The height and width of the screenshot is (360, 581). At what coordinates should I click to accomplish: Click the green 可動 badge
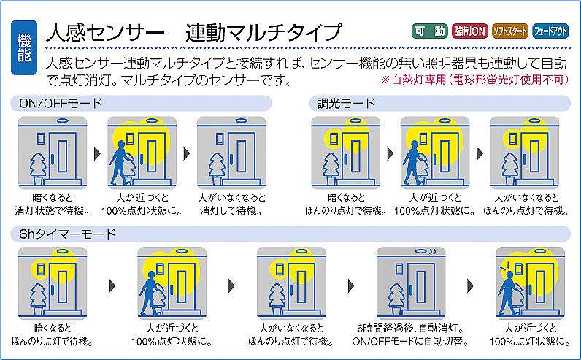point(430,31)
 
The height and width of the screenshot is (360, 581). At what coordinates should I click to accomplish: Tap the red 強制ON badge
point(470,31)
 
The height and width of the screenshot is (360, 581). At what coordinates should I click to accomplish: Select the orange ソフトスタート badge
point(510,31)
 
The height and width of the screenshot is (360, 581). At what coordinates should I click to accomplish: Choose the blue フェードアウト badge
point(550,31)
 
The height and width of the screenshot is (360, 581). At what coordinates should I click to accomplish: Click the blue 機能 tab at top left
point(24,47)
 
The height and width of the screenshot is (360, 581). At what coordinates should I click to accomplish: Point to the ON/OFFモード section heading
point(60,104)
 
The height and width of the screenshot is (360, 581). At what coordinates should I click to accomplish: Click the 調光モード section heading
point(346,104)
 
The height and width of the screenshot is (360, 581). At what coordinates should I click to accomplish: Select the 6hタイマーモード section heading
point(67,234)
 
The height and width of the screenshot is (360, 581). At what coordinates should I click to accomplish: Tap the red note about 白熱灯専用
point(474,80)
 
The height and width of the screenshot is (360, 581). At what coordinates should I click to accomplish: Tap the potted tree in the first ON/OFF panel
point(38,169)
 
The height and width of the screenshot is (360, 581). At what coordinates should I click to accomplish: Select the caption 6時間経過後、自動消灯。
point(410,328)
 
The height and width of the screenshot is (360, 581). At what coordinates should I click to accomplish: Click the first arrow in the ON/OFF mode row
point(98,153)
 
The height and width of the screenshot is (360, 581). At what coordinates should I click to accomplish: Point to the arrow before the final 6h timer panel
point(471,286)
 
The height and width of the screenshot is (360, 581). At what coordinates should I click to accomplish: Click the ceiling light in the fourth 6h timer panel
point(423,251)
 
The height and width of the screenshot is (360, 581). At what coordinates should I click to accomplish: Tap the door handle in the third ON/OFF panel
point(231,159)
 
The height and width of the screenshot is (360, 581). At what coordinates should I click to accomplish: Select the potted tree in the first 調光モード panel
point(331,169)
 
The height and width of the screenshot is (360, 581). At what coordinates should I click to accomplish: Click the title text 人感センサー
point(105,32)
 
